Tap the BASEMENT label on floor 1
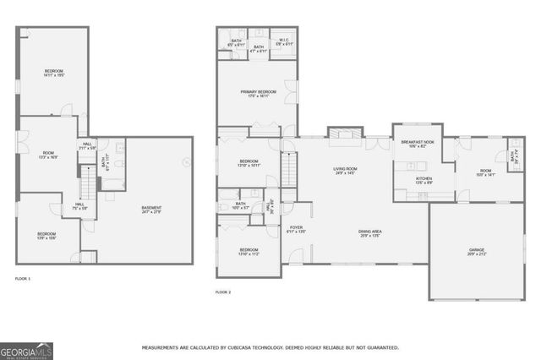[152, 209]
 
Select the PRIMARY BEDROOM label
[258, 93]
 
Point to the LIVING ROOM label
[345, 171]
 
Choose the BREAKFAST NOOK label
[417, 144]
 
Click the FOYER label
[296, 228]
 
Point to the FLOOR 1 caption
[23, 278]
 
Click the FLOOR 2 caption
[223, 292]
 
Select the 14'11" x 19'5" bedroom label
[54, 73]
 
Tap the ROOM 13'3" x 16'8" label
[48, 155]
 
